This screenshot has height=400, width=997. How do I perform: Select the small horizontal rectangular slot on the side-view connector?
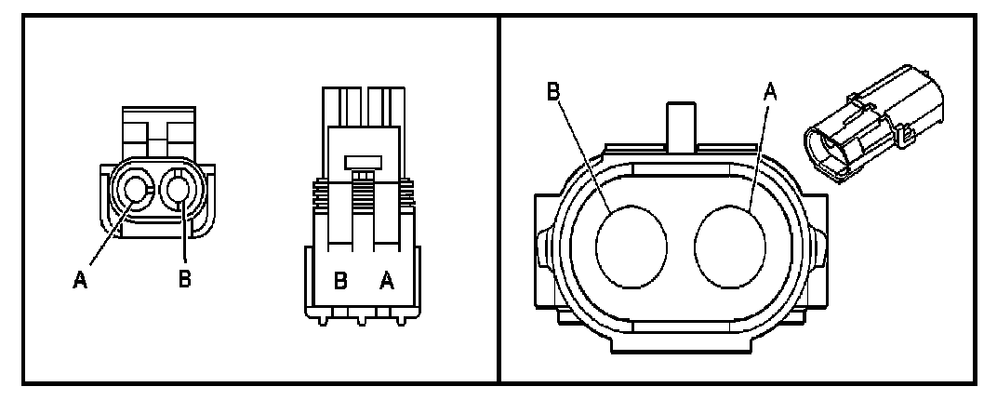coord(364,162)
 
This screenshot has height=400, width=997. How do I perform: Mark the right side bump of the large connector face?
coord(820,244)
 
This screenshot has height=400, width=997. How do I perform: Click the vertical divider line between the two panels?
coord(500,200)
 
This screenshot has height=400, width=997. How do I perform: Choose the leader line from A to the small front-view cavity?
coord(110,233)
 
